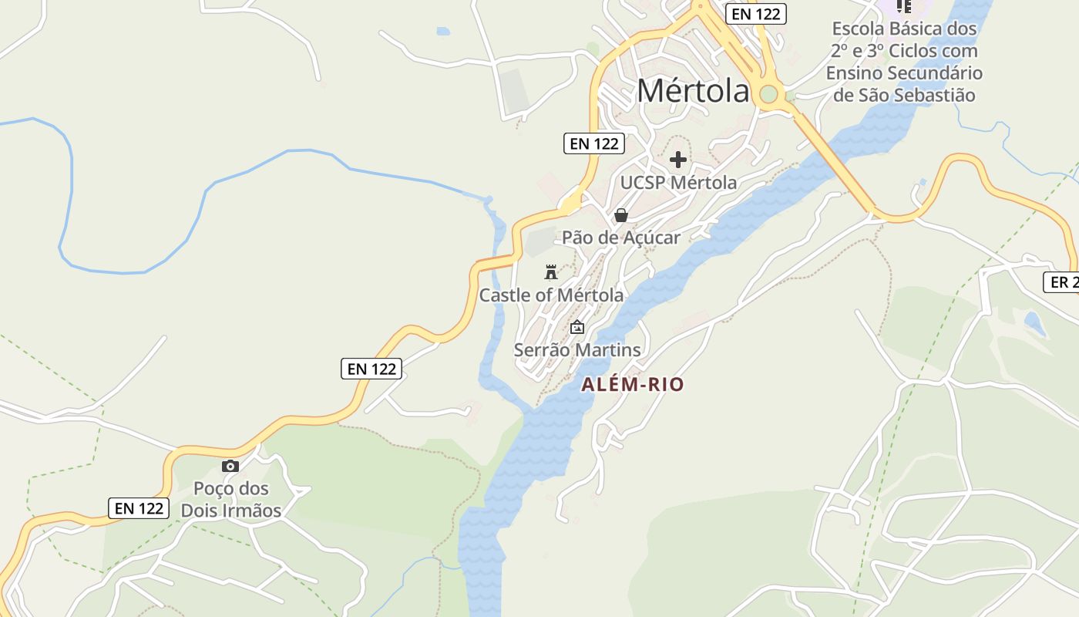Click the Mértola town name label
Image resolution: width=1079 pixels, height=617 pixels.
[x=693, y=91]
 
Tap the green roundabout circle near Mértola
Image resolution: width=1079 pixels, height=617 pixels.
[x=768, y=95]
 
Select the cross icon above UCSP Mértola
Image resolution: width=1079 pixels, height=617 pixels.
[x=678, y=160]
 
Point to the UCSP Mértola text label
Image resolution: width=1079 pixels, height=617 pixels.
[x=678, y=183]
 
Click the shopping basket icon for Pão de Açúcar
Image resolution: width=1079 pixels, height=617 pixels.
[x=620, y=215]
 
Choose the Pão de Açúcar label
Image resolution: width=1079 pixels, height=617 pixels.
[x=620, y=238]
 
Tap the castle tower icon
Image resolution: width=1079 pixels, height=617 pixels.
[x=550, y=271]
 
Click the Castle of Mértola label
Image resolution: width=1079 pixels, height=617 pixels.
[x=551, y=295]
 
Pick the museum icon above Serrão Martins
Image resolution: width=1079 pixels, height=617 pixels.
[x=576, y=328]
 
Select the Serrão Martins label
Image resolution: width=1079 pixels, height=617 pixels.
[x=576, y=350]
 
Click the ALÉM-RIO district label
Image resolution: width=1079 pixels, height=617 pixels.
[x=632, y=384]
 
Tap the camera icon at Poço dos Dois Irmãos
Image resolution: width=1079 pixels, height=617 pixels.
[x=230, y=466]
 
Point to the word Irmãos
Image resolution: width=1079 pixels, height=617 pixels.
[x=252, y=511]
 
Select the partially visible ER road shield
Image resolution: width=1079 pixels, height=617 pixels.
[x=1061, y=282]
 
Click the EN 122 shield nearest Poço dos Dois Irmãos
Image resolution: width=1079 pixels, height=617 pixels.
[x=139, y=508]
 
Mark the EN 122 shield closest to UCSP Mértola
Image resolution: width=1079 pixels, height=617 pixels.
[x=593, y=143]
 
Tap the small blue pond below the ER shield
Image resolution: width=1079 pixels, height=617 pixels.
[x=1035, y=324]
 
